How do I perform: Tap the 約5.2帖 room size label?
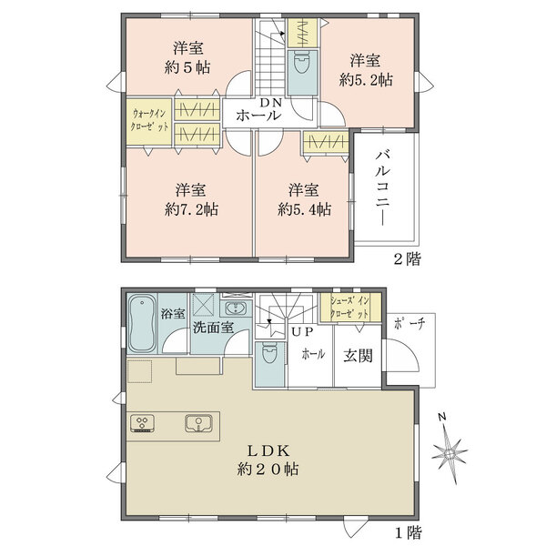point(367,80)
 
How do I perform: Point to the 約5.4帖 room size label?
point(304,208)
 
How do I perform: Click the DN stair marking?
point(270,102)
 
